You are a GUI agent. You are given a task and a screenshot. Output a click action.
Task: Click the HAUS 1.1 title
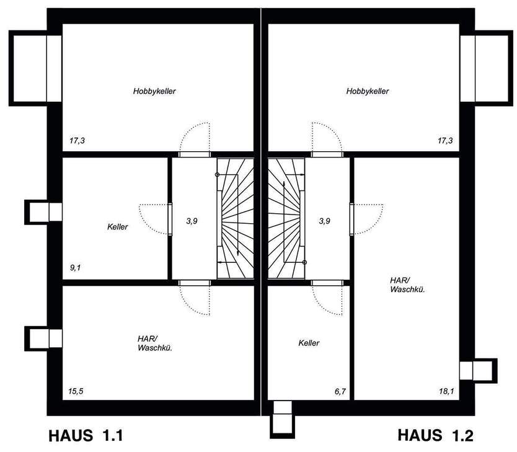[x=86, y=435]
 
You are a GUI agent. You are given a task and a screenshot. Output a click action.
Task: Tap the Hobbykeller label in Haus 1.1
[x=154, y=91]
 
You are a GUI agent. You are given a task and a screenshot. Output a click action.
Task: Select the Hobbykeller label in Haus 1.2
[x=368, y=91]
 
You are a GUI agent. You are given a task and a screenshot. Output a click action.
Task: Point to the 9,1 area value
[x=76, y=268]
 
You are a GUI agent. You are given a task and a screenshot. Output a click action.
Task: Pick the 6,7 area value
[x=340, y=391]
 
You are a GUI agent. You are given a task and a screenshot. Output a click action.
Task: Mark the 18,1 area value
[x=446, y=391]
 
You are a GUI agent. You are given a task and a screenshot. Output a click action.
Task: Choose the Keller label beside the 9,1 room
[x=117, y=227]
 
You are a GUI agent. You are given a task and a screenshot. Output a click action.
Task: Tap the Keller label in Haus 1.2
[x=309, y=343]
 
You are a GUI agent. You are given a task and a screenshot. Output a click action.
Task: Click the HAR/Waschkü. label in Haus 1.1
[x=154, y=343]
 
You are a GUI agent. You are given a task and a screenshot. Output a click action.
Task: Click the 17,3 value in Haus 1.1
[x=77, y=141]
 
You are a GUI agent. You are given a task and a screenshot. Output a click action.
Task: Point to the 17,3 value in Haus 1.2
[x=446, y=141]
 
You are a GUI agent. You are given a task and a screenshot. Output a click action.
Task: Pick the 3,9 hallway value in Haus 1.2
[x=324, y=220]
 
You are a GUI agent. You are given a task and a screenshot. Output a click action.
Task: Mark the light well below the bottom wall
[x=282, y=419]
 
